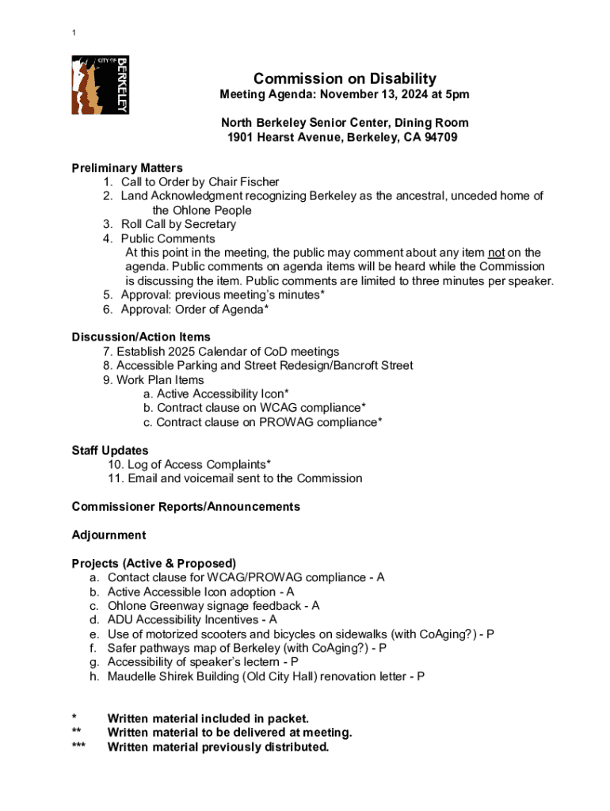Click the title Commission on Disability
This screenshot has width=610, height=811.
click(345, 78)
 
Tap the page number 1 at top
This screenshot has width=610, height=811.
click(74, 32)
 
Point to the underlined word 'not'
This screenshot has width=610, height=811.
click(497, 253)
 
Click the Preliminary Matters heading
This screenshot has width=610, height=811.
click(127, 168)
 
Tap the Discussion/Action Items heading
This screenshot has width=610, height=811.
click(141, 337)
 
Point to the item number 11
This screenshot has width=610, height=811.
click(116, 478)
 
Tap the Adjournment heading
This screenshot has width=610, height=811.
click(109, 535)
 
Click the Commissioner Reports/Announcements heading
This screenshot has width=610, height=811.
click(185, 506)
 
